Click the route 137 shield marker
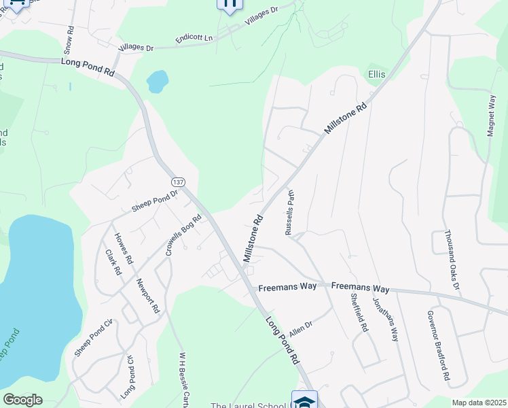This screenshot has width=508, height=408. pyautogui.click(x=178, y=182)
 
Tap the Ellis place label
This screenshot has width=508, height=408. pyautogui.click(x=377, y=73)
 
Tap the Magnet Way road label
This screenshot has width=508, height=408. pyautogui.click(x=491, y=116)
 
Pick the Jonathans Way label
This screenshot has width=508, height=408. pyautogui.click(x=384, y=319)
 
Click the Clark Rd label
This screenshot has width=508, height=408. pyautogui.click(x=113, y=262)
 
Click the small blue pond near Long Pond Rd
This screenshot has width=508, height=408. pyautogui.click(x=158, y=82)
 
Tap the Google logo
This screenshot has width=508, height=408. pyautogui.click(x=22, y=400)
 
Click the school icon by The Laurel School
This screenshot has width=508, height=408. pyautogui.click(x=304, y=400)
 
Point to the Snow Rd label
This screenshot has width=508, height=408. pyautogui.click(x=69, y=40)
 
